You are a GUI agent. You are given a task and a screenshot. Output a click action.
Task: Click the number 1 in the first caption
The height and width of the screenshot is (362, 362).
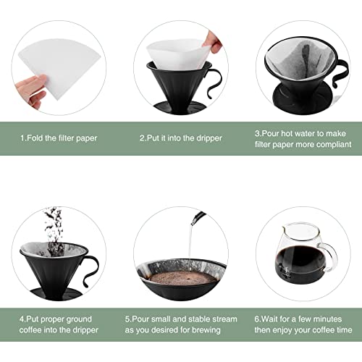[22, 138]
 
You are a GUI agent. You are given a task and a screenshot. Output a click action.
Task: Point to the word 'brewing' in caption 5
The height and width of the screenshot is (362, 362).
[206, 329]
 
